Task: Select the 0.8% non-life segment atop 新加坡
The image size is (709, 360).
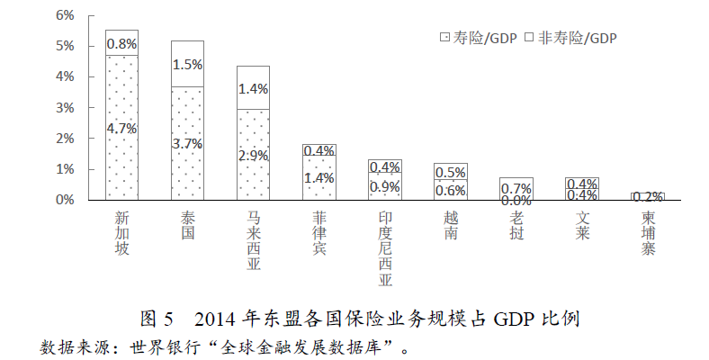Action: [x=121, y=43]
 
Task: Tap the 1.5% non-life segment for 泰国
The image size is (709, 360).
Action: [x=187, y=64]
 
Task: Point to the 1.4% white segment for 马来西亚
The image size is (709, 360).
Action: [x=253, y=88]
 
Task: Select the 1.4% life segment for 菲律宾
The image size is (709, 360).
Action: [x=319, y=177]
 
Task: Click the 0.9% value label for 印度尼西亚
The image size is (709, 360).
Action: [x=385, y=186]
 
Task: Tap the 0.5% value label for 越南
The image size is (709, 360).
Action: [x=451, y=172]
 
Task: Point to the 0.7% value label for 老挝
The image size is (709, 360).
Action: [x=516, y=188]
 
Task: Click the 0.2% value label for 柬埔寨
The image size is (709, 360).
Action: [x=648, y=196]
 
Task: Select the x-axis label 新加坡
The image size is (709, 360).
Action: [x=121, y=233]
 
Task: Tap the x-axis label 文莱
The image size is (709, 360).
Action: [x=582, y=225]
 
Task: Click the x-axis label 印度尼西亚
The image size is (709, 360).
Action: [x=385, y=248]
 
